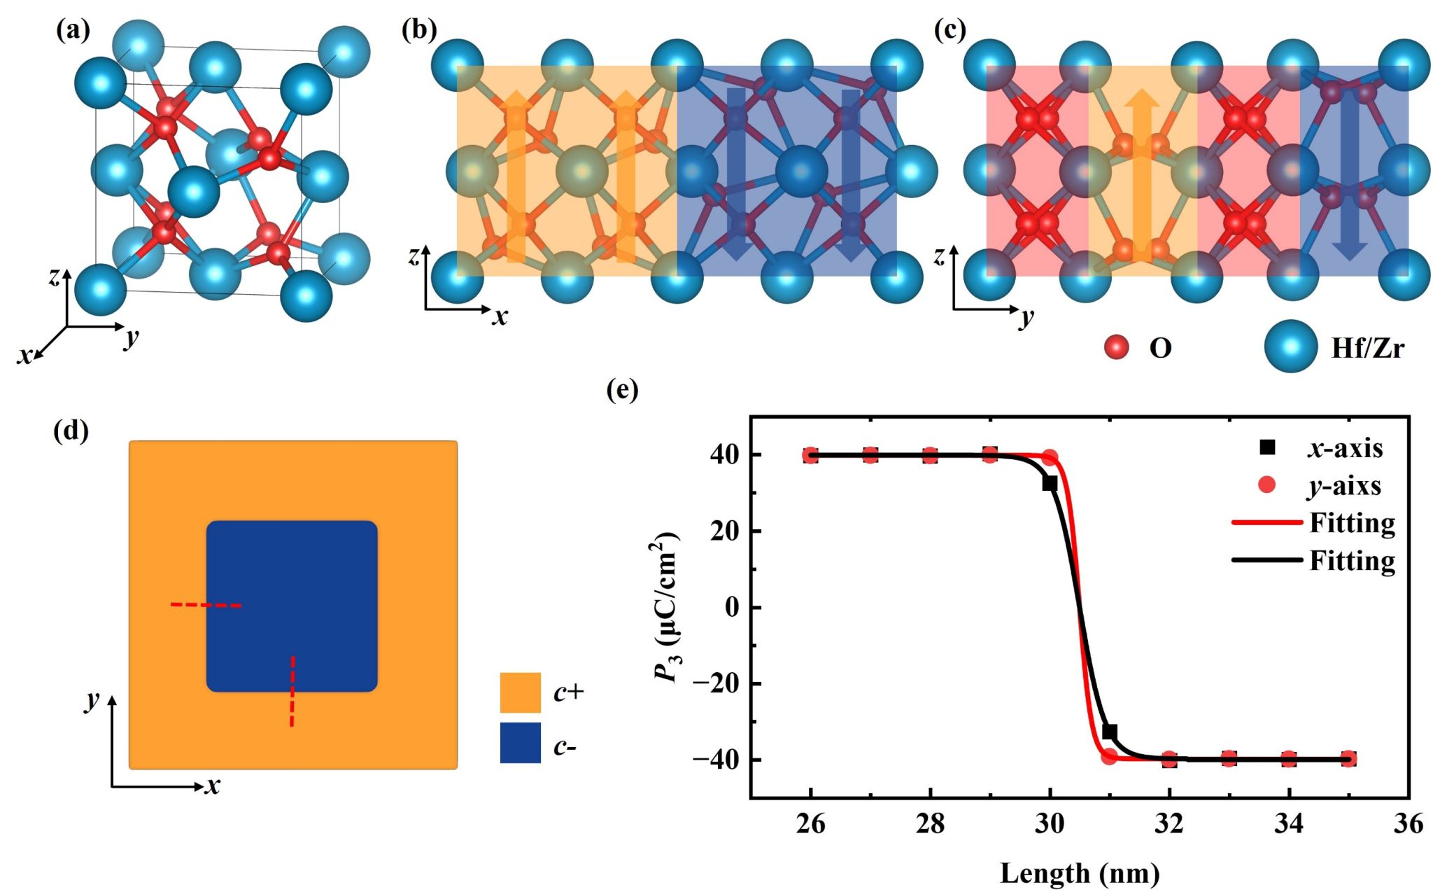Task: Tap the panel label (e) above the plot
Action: [622, 389]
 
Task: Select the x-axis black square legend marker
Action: [1267, 447]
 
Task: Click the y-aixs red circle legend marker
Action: [1267, 485]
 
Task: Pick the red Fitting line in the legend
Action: [1266, 522]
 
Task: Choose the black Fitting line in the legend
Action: [1266, 560]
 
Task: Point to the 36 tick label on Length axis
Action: [1408, 824]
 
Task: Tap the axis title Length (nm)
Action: [1080, 873]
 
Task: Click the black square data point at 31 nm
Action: [1109, 732]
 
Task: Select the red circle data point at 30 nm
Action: [1050, 459]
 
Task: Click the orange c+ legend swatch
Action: [520, 692]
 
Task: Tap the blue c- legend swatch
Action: [520, 743]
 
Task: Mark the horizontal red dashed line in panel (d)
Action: [206, 605]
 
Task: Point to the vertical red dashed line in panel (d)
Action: [292, 691]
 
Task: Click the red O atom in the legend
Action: [1117, 347]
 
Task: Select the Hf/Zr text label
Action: [1367, 348]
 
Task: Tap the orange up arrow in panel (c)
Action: [1141, 175]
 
